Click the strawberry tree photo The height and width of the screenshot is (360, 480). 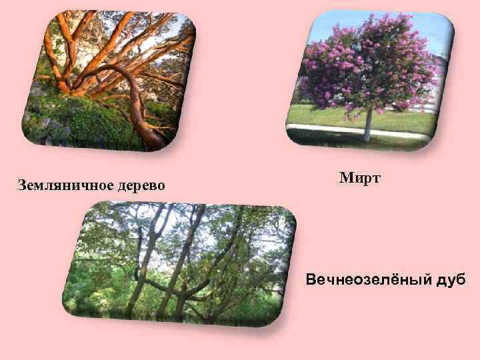point(107,80)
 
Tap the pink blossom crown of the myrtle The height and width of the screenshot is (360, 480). point(360,63)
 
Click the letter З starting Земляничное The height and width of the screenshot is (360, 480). point(22,185)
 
